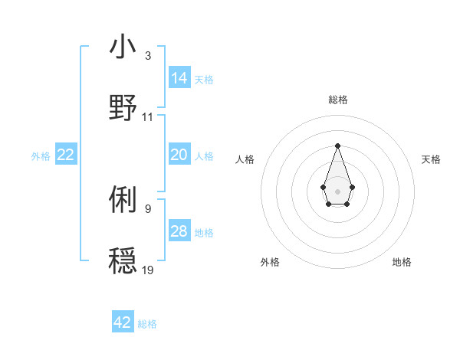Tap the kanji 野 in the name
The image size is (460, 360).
tap(123, 107)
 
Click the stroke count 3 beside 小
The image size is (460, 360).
tap(148, 56)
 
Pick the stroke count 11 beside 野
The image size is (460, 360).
tap(148, 117)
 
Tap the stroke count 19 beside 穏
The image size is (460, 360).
tap(148, 270)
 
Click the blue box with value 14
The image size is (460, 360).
tap(179, 78)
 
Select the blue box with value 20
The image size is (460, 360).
tap(179, 155)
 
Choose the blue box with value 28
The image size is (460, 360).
tap(179, 232)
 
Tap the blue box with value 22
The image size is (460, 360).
tap(66, 155)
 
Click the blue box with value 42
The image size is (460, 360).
tap(123, 323)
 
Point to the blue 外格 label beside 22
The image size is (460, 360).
tap(41, 156)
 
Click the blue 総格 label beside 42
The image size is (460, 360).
tap(147, 324)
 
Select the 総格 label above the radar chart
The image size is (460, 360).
tap(338, 100)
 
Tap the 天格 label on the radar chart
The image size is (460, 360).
tap(431, 159)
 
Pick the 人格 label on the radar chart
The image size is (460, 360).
tap(245, 159)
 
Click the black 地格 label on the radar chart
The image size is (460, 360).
tap(402, 262)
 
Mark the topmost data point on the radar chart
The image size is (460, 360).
tap(337, 146)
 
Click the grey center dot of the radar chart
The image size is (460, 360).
tap(337, 190)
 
